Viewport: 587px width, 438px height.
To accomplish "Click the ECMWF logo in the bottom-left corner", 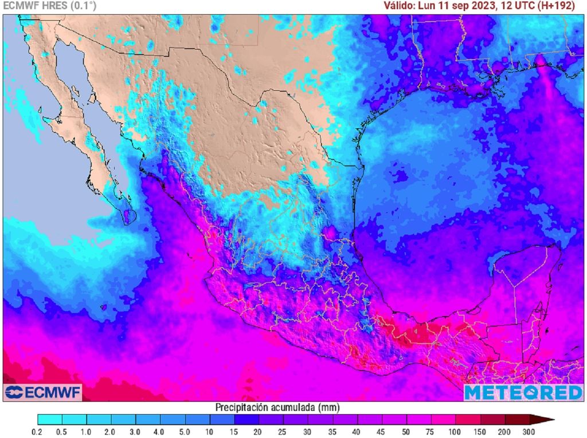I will pos(43,392).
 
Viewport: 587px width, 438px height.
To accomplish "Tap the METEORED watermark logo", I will pos(523,392).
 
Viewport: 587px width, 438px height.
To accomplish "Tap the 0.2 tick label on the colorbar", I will pos(38,431).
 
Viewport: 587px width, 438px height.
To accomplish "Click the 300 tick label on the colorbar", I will pos(529,431).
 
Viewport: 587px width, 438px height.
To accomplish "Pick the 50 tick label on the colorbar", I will pos(406,431).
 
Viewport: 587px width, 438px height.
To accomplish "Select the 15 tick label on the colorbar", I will pos(234,431).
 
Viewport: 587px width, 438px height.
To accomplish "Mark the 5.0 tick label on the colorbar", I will pos(185,431).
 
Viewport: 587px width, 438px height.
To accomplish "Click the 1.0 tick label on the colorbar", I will pos(87,431).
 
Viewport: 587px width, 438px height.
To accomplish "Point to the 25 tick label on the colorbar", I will pos(283,431).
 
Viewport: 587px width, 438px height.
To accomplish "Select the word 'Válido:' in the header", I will pos(400,6).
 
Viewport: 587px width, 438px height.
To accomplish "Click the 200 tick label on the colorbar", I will pos(504,431).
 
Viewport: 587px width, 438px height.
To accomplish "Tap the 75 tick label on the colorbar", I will pos(431,431).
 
